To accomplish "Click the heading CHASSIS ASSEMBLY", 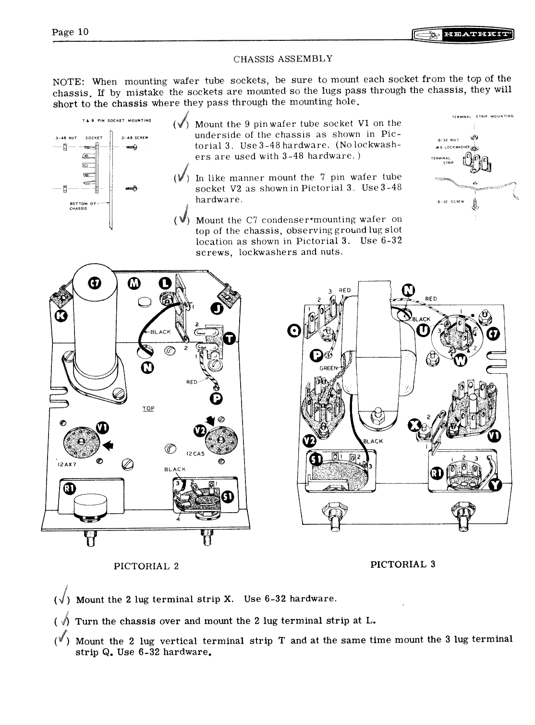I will [283, 59].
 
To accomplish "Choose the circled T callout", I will [230, 340].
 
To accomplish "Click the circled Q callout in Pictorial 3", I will [294, 329].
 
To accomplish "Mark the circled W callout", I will [460, 359].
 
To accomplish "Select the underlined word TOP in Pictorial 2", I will [148, 408].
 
